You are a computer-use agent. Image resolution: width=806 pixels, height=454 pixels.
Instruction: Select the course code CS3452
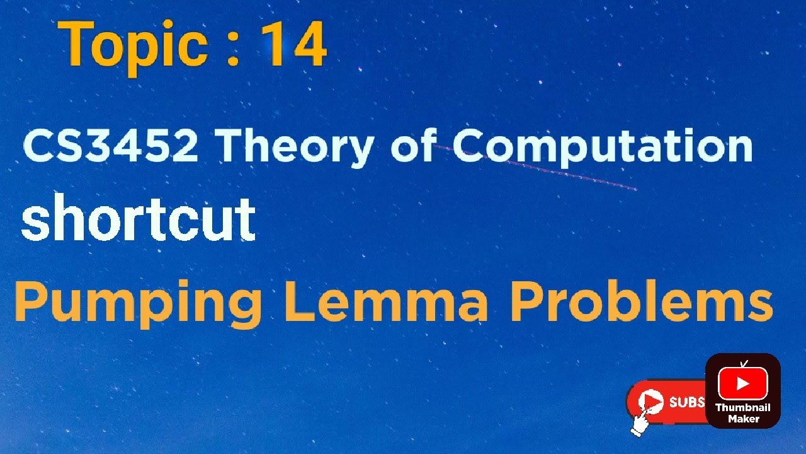(x=111, y=147)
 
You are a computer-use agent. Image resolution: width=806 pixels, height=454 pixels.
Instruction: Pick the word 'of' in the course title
(x=413, y=147)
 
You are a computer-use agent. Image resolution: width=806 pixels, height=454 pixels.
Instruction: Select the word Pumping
(x=138, y=303)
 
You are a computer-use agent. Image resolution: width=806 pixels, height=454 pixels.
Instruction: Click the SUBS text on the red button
(x=686, y=402)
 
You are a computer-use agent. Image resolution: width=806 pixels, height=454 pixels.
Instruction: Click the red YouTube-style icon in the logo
(x=743, y=383)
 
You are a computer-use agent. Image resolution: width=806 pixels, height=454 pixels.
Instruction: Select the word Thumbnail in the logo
(x=743, y=408)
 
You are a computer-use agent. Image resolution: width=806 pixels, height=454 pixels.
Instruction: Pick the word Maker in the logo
(x=743, y=419)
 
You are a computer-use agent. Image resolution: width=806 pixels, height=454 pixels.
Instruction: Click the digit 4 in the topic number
(x=309, y=45)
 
